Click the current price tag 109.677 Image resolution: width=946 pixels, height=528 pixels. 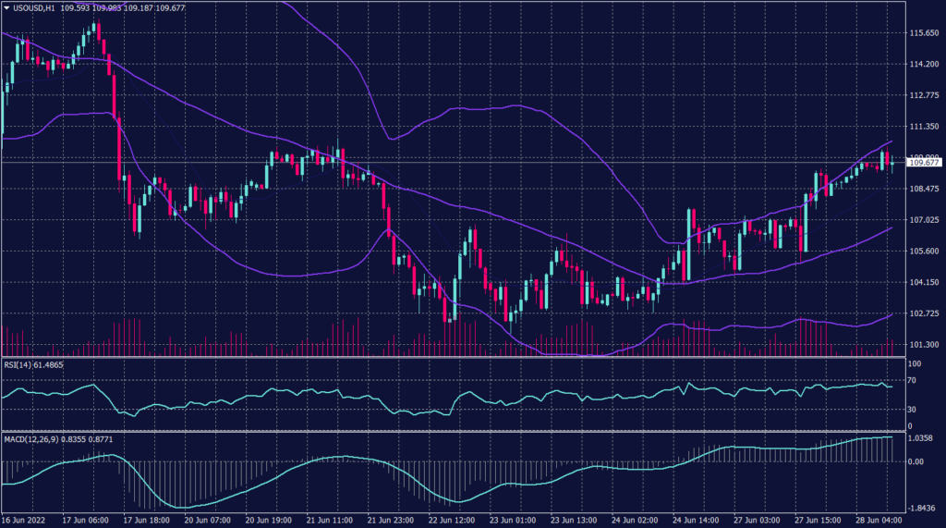pos(925,163)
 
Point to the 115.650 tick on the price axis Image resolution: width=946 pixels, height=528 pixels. pos(925,32)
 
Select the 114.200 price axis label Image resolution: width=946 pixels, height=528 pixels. pos(925,64)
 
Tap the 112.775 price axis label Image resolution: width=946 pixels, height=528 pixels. pos(925,95)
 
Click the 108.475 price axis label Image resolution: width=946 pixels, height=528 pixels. pos(925,189)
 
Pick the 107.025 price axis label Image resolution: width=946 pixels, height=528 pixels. pos(925,220)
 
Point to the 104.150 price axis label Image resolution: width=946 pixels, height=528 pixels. pos(925,282)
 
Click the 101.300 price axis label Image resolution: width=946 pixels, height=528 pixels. pos(925,345)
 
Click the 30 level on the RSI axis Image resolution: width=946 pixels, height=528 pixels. pos(912,408)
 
